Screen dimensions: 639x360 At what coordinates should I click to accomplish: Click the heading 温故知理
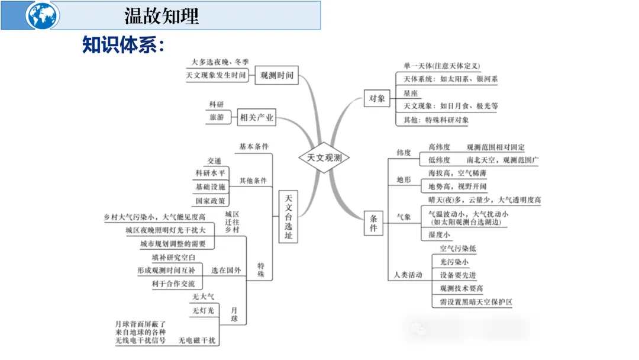(x=161, y=15)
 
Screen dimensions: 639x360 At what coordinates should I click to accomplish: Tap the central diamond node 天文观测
(x=324, y=158)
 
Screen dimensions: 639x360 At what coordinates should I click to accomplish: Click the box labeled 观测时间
(x=277, y=76)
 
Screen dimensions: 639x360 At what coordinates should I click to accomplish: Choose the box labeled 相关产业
(x=257, y=118)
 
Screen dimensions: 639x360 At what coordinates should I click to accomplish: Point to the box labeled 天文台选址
(x=288, y=217)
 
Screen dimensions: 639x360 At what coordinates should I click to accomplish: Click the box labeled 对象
(x=377, y=99)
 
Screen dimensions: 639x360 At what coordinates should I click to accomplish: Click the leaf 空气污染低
(x=457, y=249)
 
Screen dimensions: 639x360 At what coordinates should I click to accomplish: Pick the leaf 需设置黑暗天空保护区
(x=476, y=302)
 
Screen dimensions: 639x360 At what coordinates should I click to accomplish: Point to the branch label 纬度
(x=404, y=153)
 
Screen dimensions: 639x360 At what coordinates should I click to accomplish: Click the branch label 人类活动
(x=408, y=275)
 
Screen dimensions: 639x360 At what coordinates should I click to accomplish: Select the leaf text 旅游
(x=217, y=118)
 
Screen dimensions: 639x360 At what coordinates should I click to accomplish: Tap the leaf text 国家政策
(x=211, y=201)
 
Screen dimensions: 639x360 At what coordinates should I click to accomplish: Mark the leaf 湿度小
(x=439, y=235)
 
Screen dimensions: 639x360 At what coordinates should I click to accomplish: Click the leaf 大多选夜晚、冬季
(x=220, y=62)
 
